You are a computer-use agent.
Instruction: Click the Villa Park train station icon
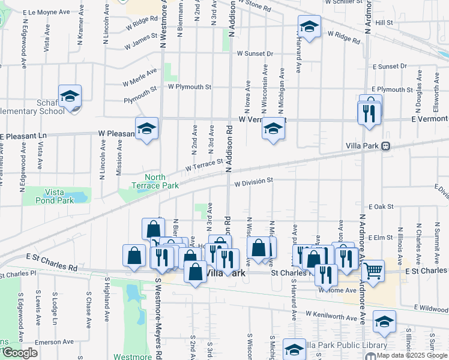tap(385, 146)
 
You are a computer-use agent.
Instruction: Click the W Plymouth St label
tap(189, 86)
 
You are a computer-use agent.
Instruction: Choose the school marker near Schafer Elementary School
tap(70, 96)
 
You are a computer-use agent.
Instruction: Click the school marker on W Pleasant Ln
tap(146, 128)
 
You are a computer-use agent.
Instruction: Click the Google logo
tap(20, 353)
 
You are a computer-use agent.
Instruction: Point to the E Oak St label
tap(381, 206)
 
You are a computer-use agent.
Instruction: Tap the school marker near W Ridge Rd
tap(309, 27)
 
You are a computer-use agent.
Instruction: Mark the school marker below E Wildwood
tap(384, 322)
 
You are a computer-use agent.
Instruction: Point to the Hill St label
tap(384, 22)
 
